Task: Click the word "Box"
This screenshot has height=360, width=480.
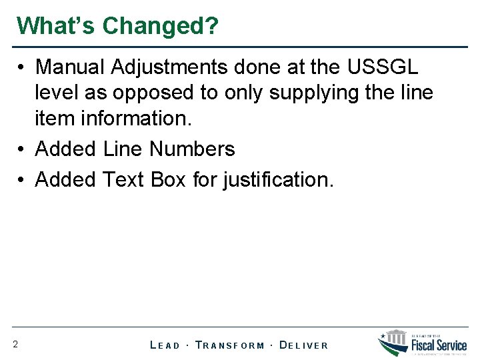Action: [x=169, y=179]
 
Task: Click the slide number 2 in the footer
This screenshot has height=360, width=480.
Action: [x=15, y=345]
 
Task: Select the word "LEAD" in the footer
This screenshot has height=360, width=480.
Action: [x=165, y=345]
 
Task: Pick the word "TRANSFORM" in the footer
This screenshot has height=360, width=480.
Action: [x=230, y=345]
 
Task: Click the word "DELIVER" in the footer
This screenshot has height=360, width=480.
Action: [x=303, y=345]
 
